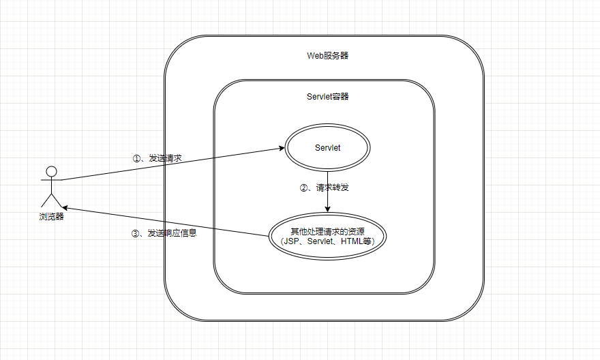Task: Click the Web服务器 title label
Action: click(327, 55)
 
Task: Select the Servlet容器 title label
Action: click(327, 96)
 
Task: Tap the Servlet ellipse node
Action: click(327, 148)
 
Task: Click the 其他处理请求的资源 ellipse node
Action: click(327, 236)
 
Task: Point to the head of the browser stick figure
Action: click(51, 170)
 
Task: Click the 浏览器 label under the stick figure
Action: click(51, 216)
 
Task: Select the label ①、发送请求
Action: click(157, 157)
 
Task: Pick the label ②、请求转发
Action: click(328, 187)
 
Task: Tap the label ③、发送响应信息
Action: click(164, 233)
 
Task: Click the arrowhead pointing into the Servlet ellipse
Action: click(281, 148)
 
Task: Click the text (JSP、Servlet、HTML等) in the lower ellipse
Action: click(327, 241)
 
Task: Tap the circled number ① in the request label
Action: click(136, 157)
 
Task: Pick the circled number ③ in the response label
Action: click(134, 233)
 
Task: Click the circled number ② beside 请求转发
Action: click(304, 187)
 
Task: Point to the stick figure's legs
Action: click(51, 199)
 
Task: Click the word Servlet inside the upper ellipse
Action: click(327, 148)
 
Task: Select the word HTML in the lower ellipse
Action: click(352, 241)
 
